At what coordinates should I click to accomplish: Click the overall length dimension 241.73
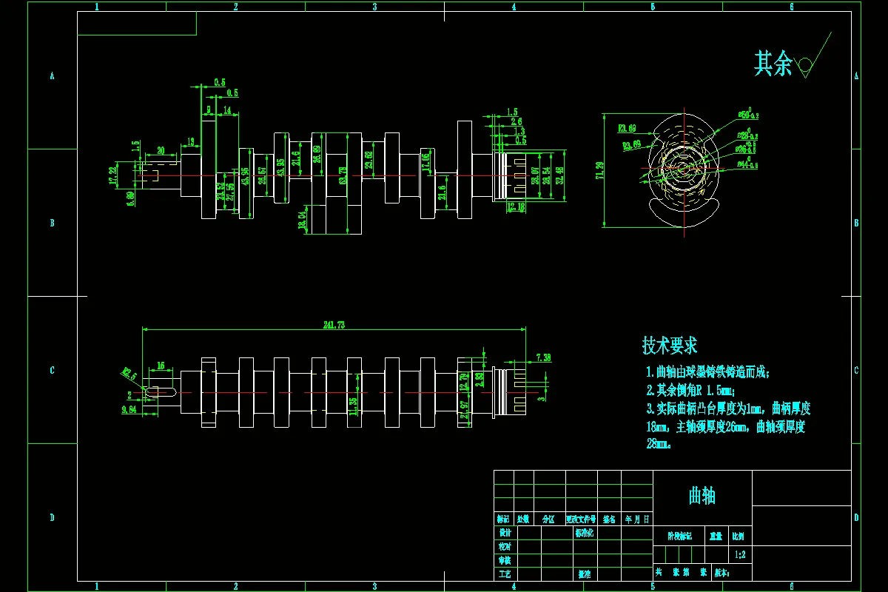[334, 325]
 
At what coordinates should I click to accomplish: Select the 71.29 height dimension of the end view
[599, 170]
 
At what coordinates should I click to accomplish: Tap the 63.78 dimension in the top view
[343, 175]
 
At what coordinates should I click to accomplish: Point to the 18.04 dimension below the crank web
[302, 221]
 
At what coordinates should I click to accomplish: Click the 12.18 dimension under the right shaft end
[517, 206]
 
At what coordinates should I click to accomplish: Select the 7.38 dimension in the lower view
[542, 357]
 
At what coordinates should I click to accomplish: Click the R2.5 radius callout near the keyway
[127, 374]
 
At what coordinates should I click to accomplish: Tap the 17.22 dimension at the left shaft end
[112, 175]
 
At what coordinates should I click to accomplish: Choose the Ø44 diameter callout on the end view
[746, 164]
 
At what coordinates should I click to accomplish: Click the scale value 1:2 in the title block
[740, 554]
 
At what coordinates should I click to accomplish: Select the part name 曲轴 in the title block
[702, 496]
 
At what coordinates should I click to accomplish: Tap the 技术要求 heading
[670, 346]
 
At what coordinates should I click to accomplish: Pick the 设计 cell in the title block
[505, 533]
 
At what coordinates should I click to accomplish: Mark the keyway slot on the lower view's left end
[158, 391]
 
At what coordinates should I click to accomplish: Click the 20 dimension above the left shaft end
[161, 150]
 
